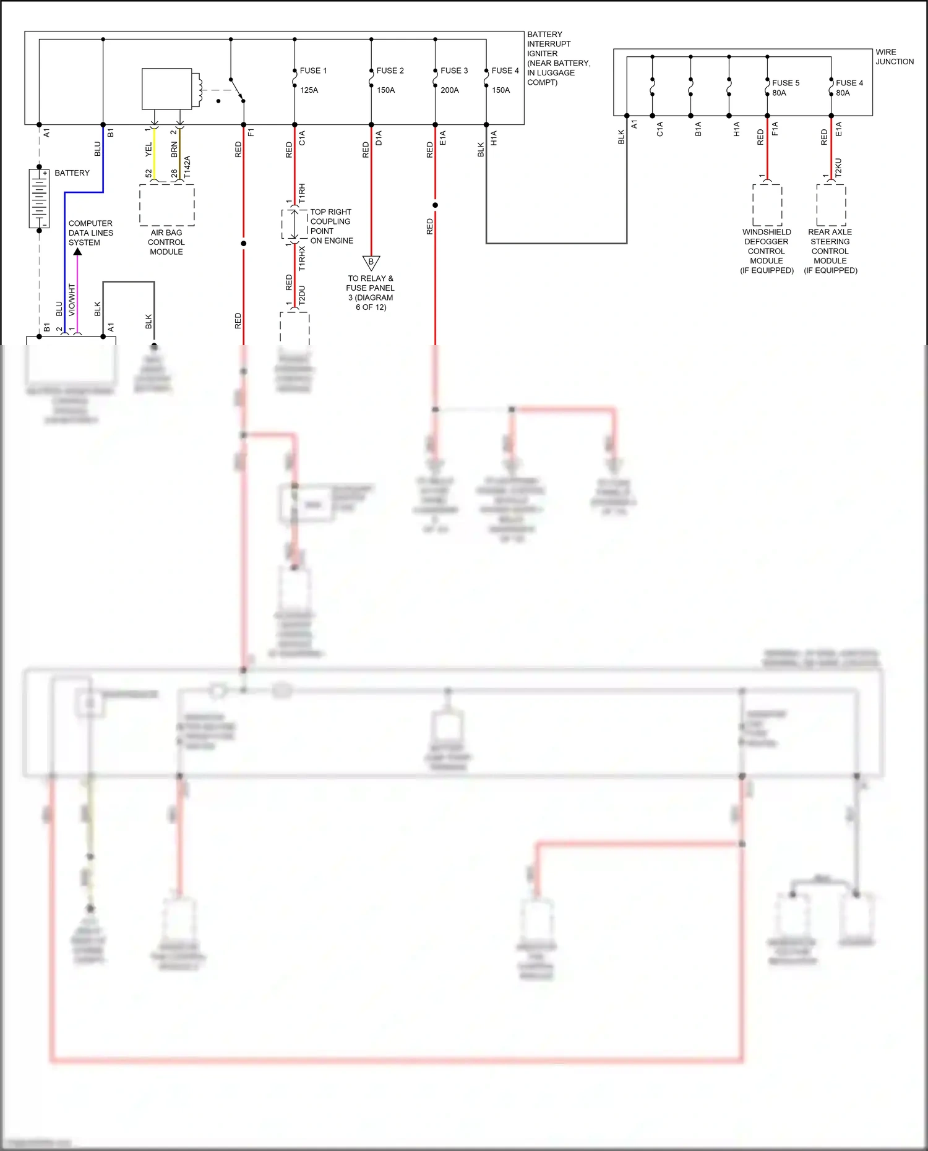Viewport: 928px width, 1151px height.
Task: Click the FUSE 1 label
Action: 313,71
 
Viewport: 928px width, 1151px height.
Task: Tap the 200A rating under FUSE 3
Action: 450,90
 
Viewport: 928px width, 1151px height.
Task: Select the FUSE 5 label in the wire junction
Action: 786,83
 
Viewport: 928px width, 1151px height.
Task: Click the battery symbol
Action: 39,198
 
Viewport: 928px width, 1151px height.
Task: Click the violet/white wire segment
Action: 77,297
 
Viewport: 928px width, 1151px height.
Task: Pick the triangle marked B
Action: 371,263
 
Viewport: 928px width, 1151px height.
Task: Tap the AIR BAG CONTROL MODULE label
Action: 166,242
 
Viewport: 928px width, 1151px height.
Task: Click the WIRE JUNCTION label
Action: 894,57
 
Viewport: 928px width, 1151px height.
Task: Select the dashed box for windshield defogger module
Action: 767,205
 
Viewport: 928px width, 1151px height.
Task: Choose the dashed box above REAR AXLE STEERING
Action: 831,205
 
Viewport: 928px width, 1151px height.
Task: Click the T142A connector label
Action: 187,167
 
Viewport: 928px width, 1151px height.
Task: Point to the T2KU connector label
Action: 839,168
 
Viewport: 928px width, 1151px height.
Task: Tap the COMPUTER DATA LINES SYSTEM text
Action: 90,233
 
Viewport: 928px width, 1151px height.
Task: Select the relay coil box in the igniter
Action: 167,89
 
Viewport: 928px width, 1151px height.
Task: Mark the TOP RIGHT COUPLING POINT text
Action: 331,226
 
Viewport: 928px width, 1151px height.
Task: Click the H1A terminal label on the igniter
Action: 494,138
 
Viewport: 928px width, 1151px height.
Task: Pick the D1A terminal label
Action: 379,138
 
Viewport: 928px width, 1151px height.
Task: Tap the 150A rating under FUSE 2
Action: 386,90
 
